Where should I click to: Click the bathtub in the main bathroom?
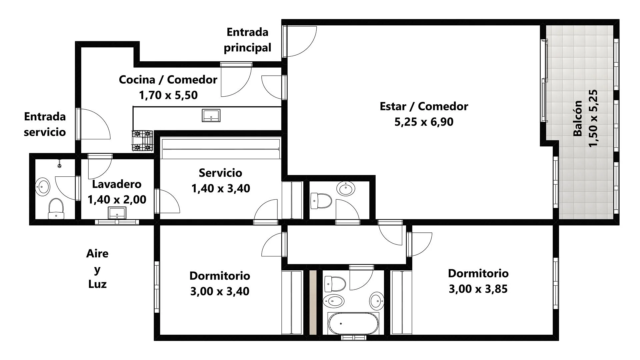tap(353, 323)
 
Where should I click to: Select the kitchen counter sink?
tap(211, 115)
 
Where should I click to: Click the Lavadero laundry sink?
tap(117, 213)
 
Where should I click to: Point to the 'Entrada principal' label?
tap(247, 40)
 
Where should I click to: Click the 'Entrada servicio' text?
tap(45, 124)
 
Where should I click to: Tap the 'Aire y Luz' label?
tap(97, 269)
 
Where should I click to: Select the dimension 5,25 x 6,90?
tap(424, 122)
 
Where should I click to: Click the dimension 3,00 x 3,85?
tap(478, 289)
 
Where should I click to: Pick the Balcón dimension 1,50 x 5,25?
tap(593, 118)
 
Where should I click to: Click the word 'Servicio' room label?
tap(220, 173)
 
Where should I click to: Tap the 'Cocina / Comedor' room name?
tap(168, 80)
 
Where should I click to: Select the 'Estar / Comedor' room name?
tap(424, 106)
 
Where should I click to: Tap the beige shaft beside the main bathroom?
tap(313, 302)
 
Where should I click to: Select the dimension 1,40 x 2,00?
tap(117, 199)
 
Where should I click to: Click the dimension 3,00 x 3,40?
tap(220, 291)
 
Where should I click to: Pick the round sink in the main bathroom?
tap(377, 301)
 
